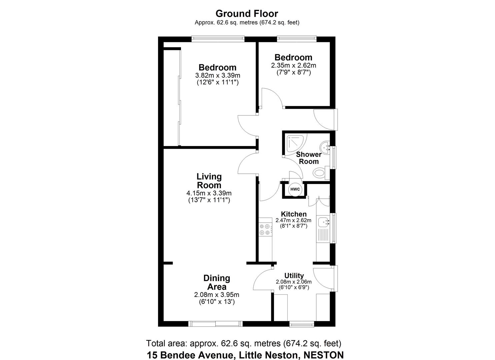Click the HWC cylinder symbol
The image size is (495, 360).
pos(295,189)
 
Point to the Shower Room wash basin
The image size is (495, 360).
pos(325,147)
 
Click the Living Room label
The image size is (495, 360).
pos(209,181)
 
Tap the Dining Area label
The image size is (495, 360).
pos(217,282)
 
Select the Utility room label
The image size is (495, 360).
pos(294,276)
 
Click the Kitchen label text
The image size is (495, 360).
pos(294,214)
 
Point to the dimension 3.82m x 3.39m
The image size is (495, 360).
pos(218,75)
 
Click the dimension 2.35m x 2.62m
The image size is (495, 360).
pos(293,65)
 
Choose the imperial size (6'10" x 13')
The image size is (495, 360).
pos(217,302)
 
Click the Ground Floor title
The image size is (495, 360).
pos(247,14)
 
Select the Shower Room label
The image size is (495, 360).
pos(309,158)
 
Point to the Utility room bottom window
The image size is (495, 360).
pos(301,324)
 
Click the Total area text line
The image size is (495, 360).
pos(244,343)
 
